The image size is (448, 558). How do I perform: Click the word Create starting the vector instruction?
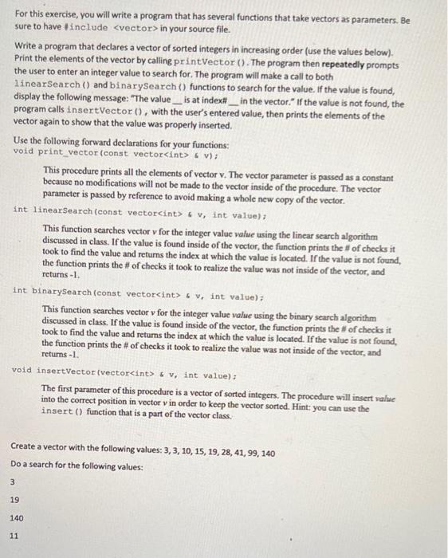(x=26, y=453)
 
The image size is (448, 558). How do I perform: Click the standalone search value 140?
(x=16, y=517)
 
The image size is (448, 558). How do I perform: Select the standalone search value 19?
(x=14, y=500)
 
